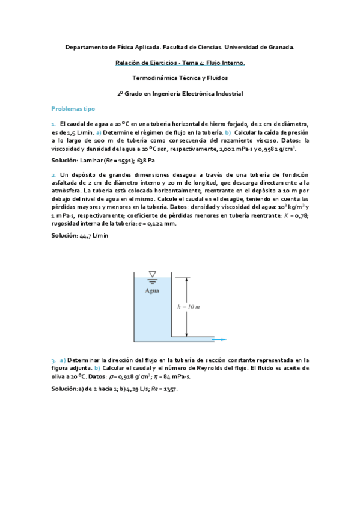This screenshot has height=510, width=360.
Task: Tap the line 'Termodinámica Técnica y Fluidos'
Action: pos(180,78)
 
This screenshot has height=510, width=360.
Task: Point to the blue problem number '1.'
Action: pos(53,123)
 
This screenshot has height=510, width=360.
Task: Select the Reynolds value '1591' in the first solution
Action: pos(124,161)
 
